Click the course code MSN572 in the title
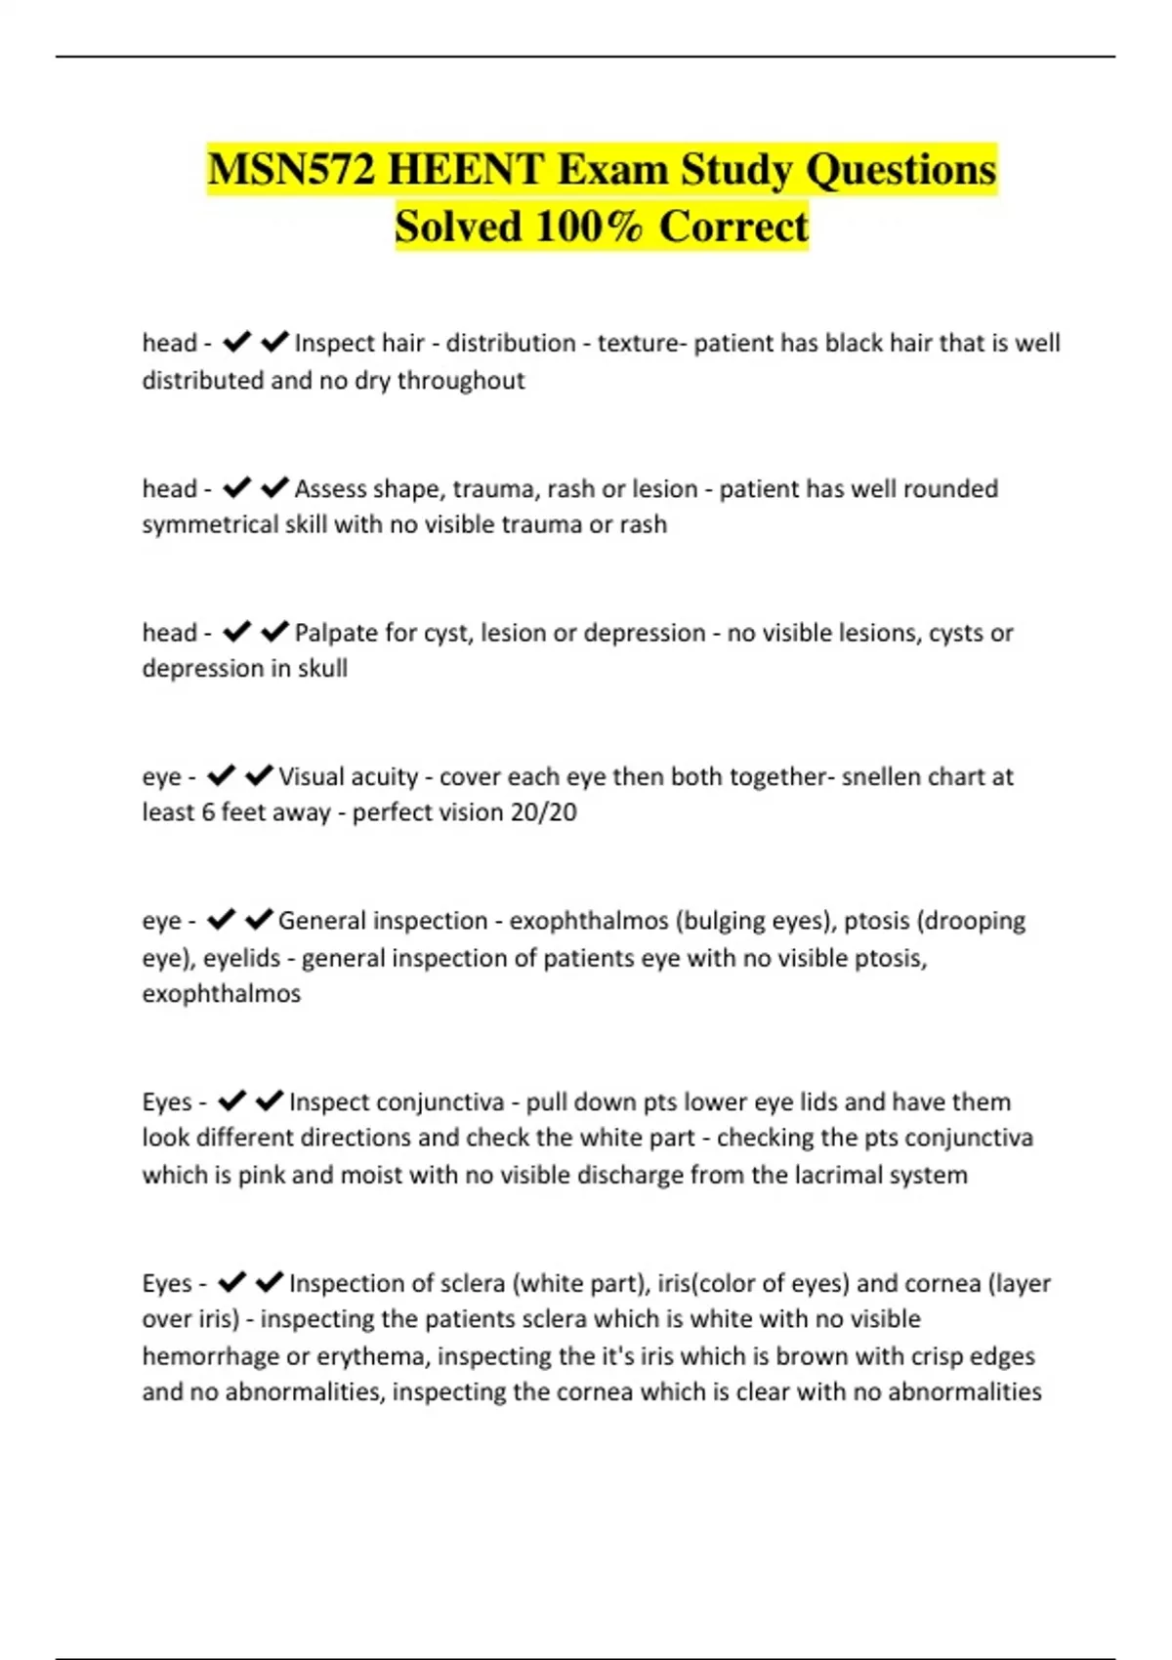tap(290, 170)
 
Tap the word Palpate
tap(337, 633)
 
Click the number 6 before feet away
tap(208, 812)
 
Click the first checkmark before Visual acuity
tap(222, 775)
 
